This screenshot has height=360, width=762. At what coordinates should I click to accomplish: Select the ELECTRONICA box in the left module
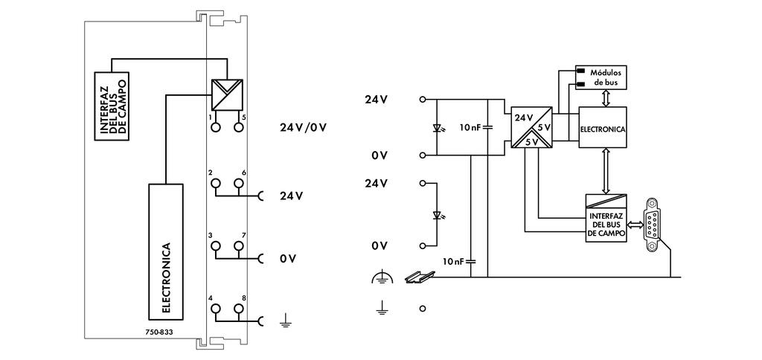[166, 248]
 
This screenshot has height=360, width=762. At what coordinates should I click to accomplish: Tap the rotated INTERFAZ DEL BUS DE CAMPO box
[111, 106]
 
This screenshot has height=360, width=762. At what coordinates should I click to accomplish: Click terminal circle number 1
[216, 128]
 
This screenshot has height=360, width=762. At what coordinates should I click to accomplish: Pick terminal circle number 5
[239, 128]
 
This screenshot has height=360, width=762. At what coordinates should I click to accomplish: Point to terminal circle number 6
[239, 183]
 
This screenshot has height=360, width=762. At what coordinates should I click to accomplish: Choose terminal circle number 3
[216, 246]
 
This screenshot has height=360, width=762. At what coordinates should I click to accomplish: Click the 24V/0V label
[303, 126]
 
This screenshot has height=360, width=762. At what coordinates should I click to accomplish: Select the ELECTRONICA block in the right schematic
[603, 128]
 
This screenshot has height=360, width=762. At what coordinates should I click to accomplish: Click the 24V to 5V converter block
[531, 128]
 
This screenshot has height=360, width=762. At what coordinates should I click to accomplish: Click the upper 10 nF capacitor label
[470, 127]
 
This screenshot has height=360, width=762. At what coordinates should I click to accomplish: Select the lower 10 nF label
[454, 261]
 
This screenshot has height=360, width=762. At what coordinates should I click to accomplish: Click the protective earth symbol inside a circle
[381, 278]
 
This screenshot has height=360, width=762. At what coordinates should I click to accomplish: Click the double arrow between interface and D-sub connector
[636, 222]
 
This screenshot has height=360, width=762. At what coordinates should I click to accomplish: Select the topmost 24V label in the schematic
[376, 99]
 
